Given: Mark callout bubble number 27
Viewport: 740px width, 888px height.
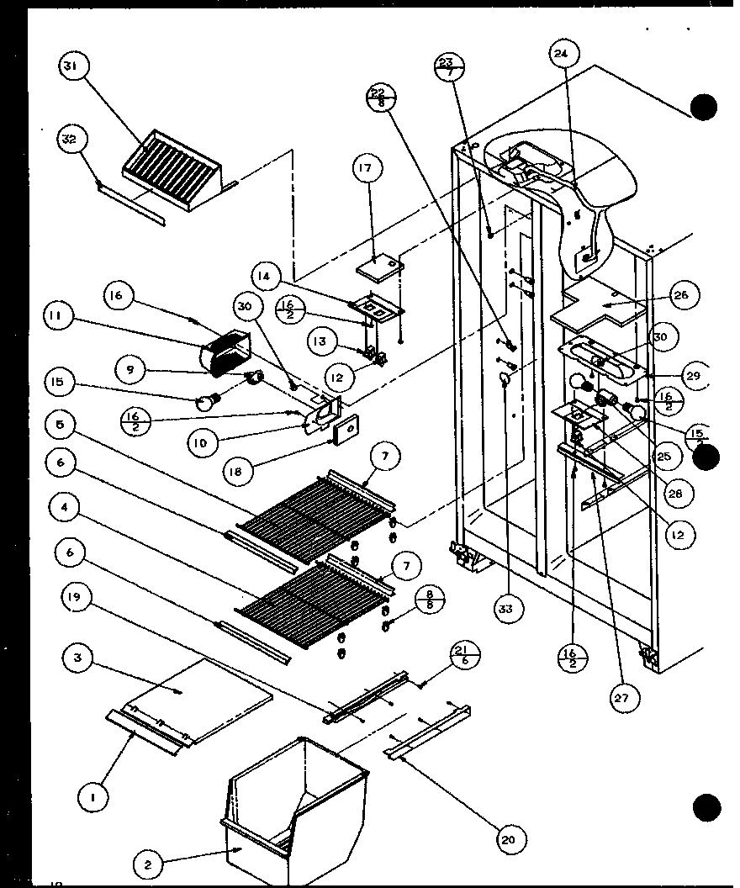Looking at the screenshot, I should pos(625,696).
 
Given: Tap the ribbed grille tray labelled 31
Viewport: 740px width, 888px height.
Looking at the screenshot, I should pos(172,164).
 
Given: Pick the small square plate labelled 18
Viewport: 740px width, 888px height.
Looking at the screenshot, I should pos(344,433).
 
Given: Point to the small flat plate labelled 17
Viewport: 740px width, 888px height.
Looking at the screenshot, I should pos(379,267).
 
